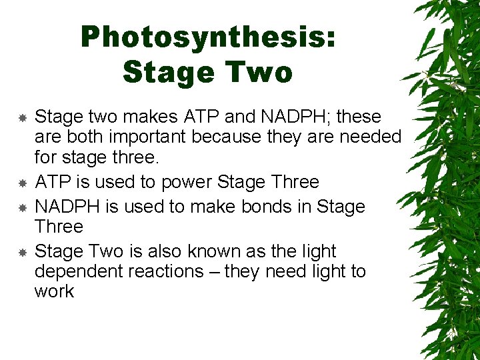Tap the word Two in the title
click(260, 72)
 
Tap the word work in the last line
click(54, 291)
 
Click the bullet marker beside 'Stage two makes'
click(22, 117)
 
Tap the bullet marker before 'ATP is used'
click(22, 182)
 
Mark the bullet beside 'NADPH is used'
click(22, 207)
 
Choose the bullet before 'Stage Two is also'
click(22, 252)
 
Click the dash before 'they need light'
click(215, 272)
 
